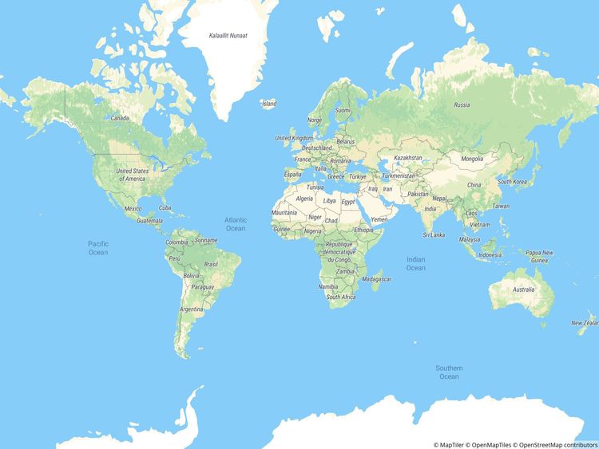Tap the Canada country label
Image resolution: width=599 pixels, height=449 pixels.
tap(120, 118)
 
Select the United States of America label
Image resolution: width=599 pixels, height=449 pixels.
tap(132, 175)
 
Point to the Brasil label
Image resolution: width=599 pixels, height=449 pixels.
tap(212, 264)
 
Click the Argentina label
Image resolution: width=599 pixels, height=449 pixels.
tap(192, 309)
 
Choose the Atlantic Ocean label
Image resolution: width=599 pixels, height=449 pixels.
tap(236, 224)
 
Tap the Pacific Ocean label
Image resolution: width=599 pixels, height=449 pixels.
tap(97, 248)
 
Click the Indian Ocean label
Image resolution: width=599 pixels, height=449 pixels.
tap(415, 264)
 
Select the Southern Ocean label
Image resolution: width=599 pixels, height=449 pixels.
tap(448, 372)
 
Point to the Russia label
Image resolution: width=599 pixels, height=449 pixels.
tap(462, 104)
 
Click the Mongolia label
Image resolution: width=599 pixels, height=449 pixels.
tap(472, 159)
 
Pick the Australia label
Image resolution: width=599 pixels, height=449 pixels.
tap(524, 289)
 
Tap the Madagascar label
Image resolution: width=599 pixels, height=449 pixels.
tap(377, 279)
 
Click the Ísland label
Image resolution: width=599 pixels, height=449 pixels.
tap(269, 104)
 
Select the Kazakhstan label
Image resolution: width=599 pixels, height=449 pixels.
tap(408, 158)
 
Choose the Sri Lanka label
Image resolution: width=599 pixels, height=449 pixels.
tap(434, 235)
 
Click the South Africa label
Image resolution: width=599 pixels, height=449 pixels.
tap(341, 297)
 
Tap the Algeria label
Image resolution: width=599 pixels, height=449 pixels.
tap(304, 198)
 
